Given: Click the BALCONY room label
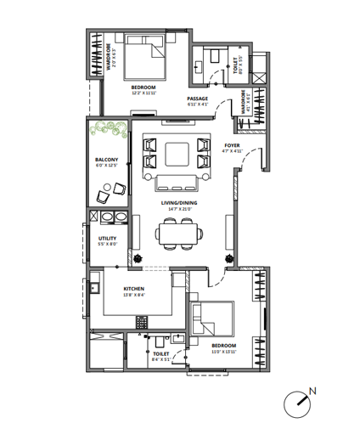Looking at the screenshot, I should pyautogui.click(x=106, y=159).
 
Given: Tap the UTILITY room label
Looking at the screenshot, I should pyautogui.click(x=107, y=239).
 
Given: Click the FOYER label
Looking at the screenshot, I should pyautogui.click(x=232, y=145).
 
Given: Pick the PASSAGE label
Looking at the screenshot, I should pyautogui.click(x=197, y=99).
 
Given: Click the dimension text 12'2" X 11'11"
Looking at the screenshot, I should pyautogui.click(x=143, y=93).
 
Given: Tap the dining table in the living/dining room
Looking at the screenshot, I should pyautogui.click(x=178, y=232).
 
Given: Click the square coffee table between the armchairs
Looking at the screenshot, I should pyautogui.click(x=178, y=153).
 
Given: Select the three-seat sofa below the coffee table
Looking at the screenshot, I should pyautogui.click(x=178, y=179).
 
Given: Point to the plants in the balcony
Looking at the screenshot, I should pyautogui.click(x=108, y=131).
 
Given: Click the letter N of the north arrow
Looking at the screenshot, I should pyautogui.click(x=312, y=391).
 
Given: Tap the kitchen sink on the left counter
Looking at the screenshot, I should pyautogui.click(x=93, y=287).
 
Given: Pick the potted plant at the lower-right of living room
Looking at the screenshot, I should pyautogui.click(x=228, y=259).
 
